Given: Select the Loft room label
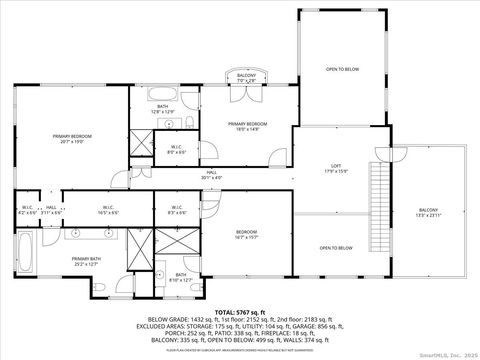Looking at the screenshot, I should (x=336, y=169).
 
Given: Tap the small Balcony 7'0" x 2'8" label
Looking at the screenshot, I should (x=246, y=77).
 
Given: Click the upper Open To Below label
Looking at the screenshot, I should (x=341, y=69).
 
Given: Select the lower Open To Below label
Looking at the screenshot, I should (x=336, y=247).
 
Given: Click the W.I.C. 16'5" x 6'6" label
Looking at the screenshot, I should (x=108, y=210).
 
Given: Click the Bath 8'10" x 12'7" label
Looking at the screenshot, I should (x=180, y=277).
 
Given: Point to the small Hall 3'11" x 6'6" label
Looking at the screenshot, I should (x=52, y=210).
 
